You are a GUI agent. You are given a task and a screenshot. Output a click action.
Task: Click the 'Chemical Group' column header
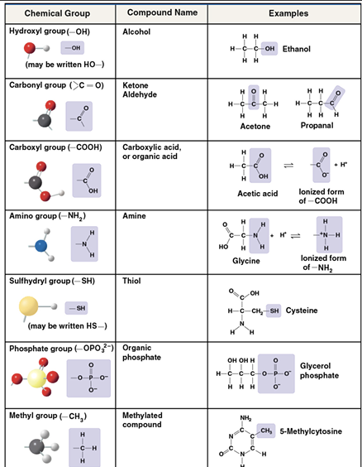pos(57,13)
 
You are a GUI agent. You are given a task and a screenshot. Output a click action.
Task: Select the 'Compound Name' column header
pos(162,12)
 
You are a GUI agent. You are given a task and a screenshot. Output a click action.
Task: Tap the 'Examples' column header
pos(288,13)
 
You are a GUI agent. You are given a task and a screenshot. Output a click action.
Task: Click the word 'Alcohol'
pos(136,31)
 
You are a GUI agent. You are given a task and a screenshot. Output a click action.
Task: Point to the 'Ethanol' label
pos(297,49)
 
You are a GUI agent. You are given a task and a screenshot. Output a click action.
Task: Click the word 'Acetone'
pos(255,127)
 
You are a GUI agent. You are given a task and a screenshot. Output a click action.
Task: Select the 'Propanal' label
pos(317,125)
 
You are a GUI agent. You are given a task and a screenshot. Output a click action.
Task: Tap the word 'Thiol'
pos(131,281)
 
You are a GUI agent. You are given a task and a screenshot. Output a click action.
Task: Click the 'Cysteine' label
pos(302,311)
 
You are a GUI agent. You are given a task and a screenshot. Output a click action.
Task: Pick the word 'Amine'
pos(134,216)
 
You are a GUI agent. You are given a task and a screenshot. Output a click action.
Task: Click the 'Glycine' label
pos(246,261)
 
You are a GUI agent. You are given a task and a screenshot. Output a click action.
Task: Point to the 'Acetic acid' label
pos(257,194)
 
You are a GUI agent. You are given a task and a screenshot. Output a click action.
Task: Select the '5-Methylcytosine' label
pos(311,431)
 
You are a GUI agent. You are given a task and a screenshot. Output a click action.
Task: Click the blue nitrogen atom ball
pos(41,246)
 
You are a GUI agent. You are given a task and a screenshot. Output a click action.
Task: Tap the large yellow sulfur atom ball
pos(29,306)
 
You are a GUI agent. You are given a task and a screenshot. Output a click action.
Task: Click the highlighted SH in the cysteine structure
pos(274,311)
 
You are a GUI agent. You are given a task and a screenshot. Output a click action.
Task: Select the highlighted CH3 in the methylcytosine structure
pos(265,431)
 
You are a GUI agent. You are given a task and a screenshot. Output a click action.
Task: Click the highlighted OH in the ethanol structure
pos(269,49)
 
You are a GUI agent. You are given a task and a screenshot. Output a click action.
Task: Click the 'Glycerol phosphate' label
pos(319,370)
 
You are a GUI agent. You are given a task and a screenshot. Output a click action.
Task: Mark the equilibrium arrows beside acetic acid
pos(288,166)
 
